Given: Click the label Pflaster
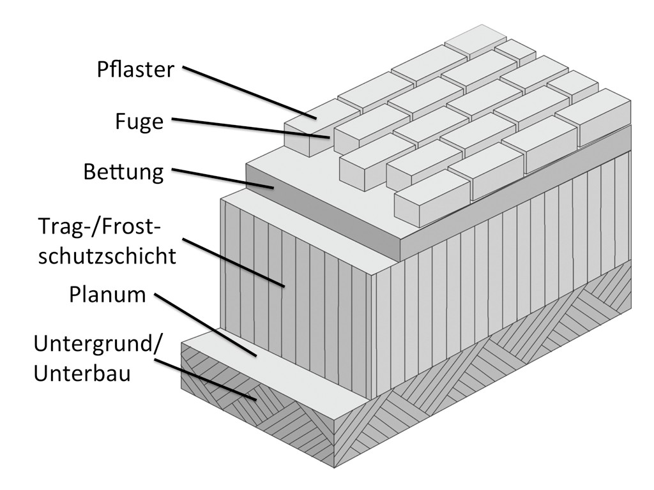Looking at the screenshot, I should coord(135,69).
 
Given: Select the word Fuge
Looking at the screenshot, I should coord(139,121).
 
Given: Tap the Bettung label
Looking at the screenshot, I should coord(123,172).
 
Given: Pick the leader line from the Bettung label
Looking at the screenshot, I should coord(224,179).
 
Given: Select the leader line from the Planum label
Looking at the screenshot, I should coord(204,325).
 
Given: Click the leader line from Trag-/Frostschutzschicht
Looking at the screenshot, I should coord(233,263).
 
